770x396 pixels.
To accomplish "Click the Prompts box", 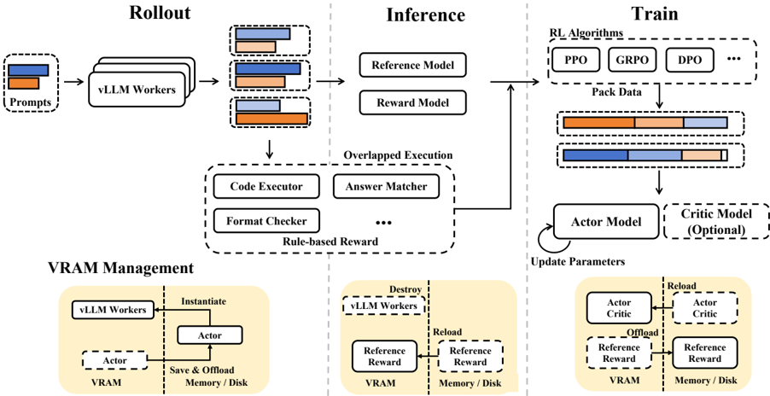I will (32, 82).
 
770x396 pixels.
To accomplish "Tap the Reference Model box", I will (413, 65).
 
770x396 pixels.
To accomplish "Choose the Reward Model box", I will (413, 103).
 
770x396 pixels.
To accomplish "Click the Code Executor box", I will (265, 186).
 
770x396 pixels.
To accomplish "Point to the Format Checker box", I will (266, 221).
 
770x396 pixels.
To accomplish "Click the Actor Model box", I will (606, 221).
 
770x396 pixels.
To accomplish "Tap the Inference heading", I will (425, 15).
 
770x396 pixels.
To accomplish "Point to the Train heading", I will (655, 13).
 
